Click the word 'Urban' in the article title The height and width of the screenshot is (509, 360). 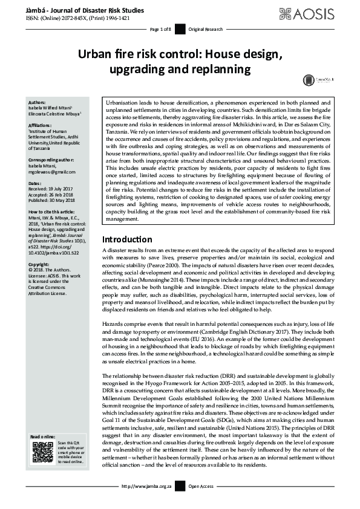point(97,56)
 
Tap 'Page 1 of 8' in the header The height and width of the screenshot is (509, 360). point(162,29)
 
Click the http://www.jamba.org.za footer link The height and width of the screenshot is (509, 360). point(147,503)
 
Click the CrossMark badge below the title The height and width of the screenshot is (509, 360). point(309,79)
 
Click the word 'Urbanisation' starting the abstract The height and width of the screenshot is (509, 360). point(123,103)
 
